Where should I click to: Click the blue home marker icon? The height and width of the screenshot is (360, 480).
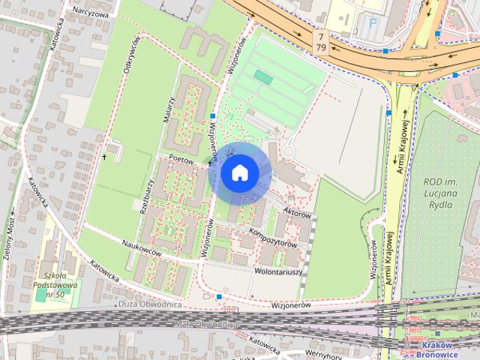[x=239, y=173]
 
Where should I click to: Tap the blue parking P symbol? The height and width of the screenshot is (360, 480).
[x=373, y=24]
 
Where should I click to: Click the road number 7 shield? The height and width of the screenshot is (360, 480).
[x=321, y=37]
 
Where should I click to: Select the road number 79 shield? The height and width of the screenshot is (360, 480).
[x=321, y=48]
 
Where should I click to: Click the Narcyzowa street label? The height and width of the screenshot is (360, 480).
[x=91, y=13]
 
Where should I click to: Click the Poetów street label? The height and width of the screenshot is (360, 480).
[x=181, y=160]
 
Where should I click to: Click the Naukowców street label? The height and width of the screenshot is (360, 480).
[x=142, y=253]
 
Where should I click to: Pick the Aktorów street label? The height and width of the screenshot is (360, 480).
[x=298, y=214]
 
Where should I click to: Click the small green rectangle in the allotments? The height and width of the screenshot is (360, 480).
[x=263, y=76]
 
